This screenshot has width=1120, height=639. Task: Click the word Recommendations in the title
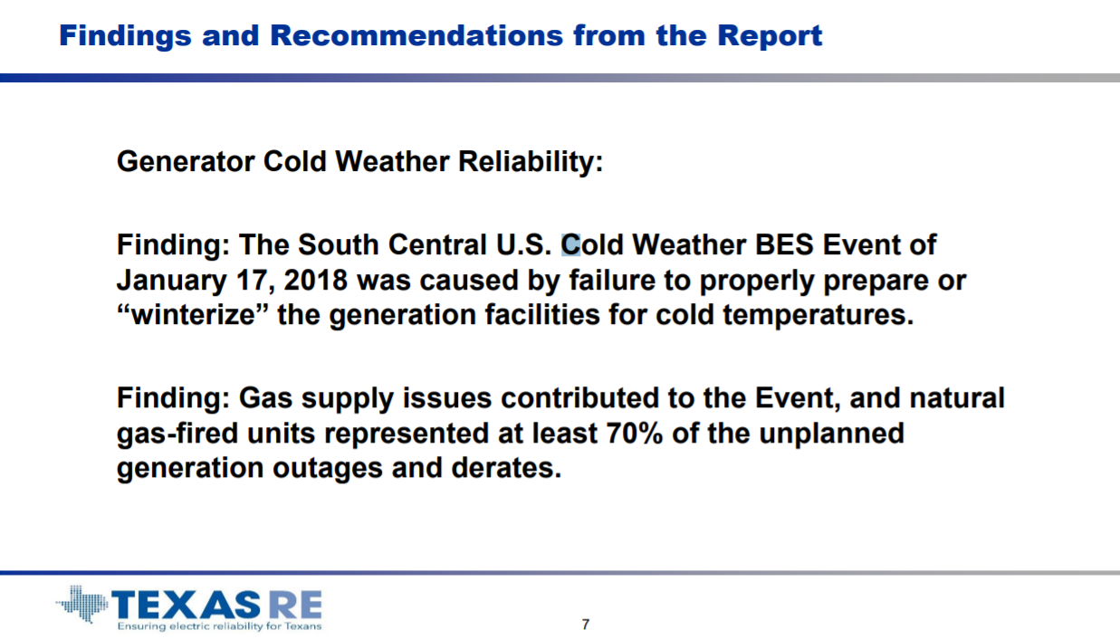(x=416, y=35)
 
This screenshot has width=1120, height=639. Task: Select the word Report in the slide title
(x=770, y=36)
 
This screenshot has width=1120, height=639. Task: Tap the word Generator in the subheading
(x=186, y=161)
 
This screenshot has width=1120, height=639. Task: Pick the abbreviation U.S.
(x=523, y=245)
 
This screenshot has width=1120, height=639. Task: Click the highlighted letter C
(x=570, y=245)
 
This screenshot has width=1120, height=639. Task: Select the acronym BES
(x=784, y=245)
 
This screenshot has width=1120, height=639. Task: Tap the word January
(x=171, y=281)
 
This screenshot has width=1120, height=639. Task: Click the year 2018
(x=315, y=280)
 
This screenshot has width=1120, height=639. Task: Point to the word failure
(x=612, y=280)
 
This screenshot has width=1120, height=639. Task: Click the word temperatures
(x=818, y=316)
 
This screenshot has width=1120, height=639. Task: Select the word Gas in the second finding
(x=265, y=398)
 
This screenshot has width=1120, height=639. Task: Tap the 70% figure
(x=635, y=433)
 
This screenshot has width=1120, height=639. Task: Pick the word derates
(x=506, y=468)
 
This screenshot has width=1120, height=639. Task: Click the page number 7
(x=586, y=625)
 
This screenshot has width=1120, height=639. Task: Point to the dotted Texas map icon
(x=82, y=604)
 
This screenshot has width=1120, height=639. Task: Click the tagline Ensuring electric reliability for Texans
(x=219, y=626)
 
